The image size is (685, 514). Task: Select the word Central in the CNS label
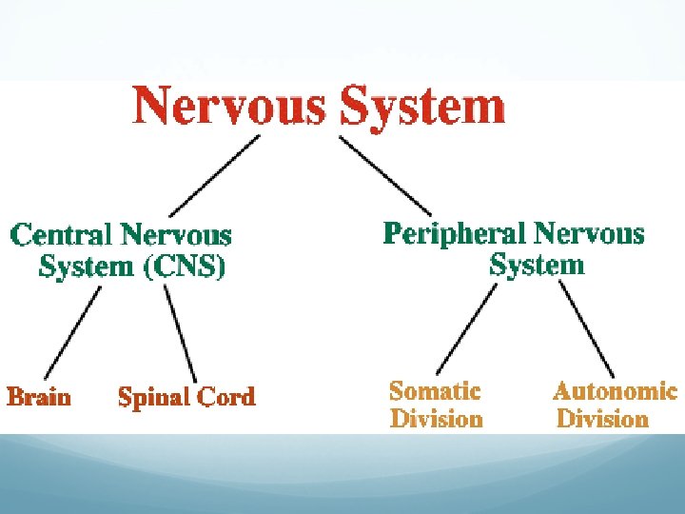pyautogui.click(x=61, y=234)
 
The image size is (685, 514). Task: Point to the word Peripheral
pyautogui.click(x=454, y=233)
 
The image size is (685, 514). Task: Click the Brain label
pyautogui.click(x=39, y=396)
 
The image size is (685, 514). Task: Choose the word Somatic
pyautogui.click(x=435, y=391)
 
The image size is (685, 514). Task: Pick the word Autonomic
pyautogui.click(x=615, y=391)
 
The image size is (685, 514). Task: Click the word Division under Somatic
pyautogui.click(x=436, y=419)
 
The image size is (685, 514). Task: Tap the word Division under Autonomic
pyautogui.click(x=602, y=419)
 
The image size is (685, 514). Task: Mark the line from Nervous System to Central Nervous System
pyautogui.click(x=214, y=176)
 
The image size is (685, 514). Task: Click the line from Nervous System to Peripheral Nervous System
pyautogui.click(x=385, y=175)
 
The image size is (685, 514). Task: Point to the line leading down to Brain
pyautogui.click(x=73, y=333)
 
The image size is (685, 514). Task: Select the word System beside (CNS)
pyautogui.click(x=87, y=267)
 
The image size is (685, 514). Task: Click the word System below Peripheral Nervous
pyautogui.click(x=537, y=265)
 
